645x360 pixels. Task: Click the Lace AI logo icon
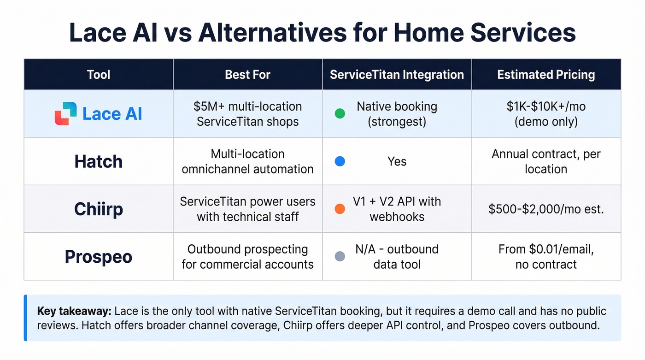tap(65, 113)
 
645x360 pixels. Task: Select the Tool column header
tap(99, 75)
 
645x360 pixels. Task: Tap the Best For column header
tap(247, 75)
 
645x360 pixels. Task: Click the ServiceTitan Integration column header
tap(397, 75)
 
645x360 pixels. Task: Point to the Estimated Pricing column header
tap(546, 75)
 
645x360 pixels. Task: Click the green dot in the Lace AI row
tap(340, 113)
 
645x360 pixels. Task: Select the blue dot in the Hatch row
tap(340, 161)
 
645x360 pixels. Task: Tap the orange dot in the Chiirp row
tap(340, 209)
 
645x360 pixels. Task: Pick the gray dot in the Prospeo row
tap(340, 256)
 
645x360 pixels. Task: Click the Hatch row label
tap(99, 162)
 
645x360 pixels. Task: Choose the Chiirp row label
tap(99, 209)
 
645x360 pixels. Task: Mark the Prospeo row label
tap(99, 257)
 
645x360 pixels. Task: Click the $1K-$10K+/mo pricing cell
tap(546, 114)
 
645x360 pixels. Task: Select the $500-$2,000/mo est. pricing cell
tap(546, 209)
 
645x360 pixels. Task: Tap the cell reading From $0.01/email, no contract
tap(546, 257)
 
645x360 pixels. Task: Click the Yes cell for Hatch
tap(397, 162)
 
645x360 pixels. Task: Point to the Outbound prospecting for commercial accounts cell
tap(247, 257)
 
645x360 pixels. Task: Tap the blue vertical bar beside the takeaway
tap(25, 318)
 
